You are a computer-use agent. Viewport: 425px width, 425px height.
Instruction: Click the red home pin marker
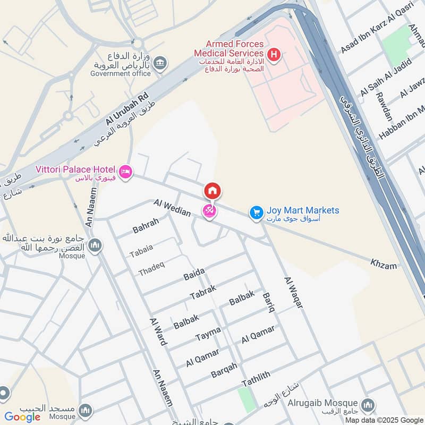(212, 191)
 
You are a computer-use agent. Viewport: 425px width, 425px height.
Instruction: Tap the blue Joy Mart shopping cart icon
(257, 212)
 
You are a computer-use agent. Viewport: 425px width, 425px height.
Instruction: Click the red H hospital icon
(274, 54)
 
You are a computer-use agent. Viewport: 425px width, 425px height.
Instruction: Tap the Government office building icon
(159, 64)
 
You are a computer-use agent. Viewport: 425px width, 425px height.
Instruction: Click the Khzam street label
(384, 264)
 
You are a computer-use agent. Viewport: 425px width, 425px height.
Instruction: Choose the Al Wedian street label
(172, 207)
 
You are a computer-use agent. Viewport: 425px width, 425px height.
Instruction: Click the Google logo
(22, 417)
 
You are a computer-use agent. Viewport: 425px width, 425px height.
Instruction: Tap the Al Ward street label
(158, 331)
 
